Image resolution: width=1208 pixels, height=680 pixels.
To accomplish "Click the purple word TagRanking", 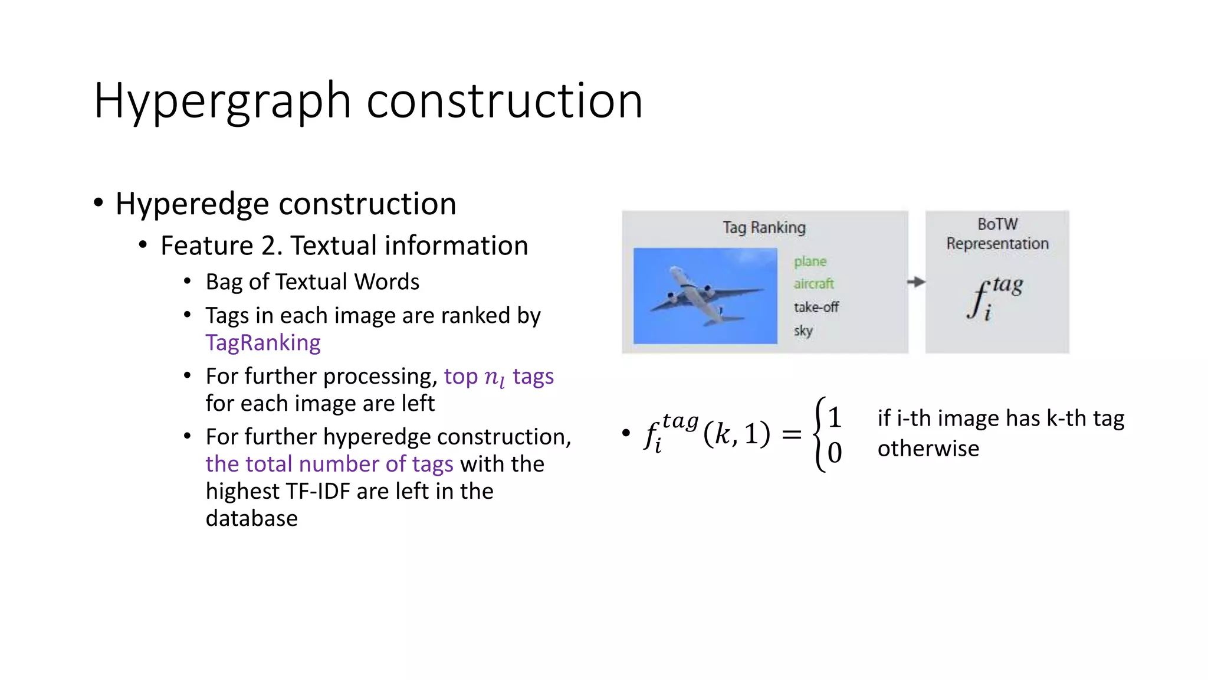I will [263, 343].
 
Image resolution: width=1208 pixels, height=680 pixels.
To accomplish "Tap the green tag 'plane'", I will [810, 261].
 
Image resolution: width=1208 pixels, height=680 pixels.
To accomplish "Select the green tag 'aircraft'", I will [813, 284].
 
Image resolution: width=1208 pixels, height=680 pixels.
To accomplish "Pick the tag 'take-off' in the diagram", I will [816, 307].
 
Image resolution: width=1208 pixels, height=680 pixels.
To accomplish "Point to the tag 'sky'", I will [803, 331].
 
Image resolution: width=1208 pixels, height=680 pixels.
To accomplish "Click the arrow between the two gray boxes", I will [916, 282].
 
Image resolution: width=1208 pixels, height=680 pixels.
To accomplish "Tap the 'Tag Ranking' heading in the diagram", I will [764, 227].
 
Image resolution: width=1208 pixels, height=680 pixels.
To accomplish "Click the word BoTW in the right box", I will [997, 224].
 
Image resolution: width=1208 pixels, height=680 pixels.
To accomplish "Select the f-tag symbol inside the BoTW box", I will [994, 298].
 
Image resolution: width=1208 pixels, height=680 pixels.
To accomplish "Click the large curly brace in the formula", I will [819, 434].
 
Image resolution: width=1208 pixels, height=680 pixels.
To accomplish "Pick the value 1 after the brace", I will [834, 418].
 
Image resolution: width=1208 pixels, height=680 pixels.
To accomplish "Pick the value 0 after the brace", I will [834, 453].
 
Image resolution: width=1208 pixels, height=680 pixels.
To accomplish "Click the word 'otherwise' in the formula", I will [928, 449].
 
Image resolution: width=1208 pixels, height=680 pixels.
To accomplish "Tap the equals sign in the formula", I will [791, 436].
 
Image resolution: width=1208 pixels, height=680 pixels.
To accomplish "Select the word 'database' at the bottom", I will [252, 518].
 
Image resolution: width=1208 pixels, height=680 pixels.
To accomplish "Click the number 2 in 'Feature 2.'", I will [268, 246].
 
